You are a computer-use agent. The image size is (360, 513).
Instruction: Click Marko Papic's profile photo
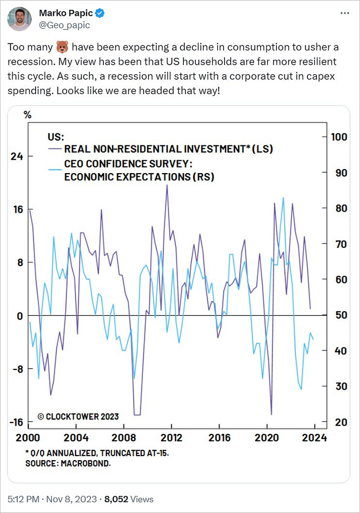coord(20,19)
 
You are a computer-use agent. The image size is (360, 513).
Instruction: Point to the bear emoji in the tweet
coord(62,48)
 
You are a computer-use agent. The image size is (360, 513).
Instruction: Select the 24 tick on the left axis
coord(17,156)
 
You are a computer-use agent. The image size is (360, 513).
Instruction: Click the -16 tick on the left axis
coord(16,422)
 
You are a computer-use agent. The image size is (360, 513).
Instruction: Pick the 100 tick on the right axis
coord(339,137)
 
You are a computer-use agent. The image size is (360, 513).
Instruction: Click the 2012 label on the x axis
coord(172,438)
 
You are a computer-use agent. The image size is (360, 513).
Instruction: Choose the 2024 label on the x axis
coord(314,438)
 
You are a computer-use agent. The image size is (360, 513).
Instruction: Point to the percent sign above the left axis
coord(28,115)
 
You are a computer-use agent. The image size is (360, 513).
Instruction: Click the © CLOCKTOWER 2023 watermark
coord(78,417)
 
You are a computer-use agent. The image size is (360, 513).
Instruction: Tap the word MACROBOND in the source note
coord(92,464)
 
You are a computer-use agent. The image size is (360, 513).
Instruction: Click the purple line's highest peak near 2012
coord(167,185)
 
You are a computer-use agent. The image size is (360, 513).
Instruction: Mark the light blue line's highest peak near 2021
coord(283,198)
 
